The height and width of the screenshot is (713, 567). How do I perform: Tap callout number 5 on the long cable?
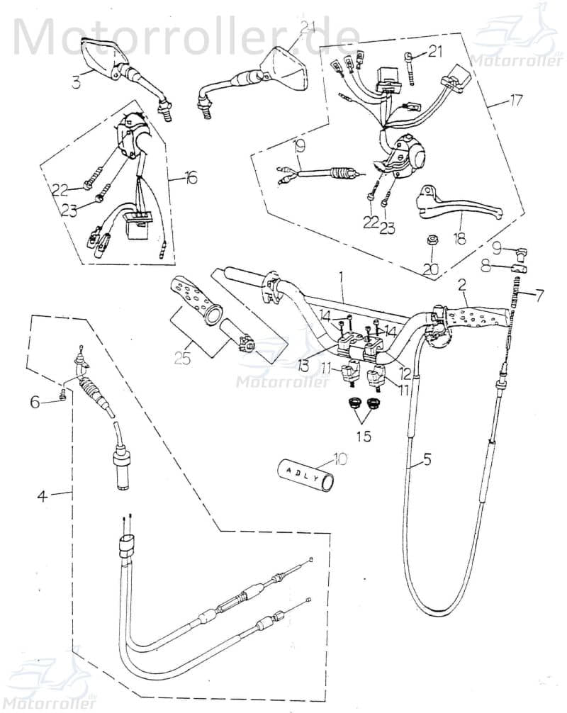click(x=427, y=460)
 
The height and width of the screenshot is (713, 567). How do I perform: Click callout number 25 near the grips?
click(x=182, y=359)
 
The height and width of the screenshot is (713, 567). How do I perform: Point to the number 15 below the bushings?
click(x=364, y=436)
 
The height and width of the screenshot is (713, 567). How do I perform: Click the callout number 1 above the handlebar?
click(x=342, y=274)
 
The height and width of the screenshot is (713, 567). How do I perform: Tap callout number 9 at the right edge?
click(x=497, y=247)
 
